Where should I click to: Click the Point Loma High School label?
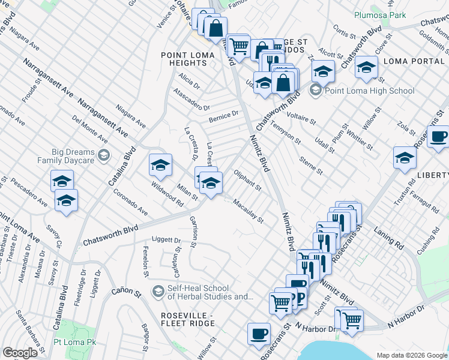click(369, 91)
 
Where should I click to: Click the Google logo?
click(20, 353)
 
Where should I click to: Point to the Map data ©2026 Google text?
click(411, 355)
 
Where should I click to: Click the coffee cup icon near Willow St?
click(259, 334)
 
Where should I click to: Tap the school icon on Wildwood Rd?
click(160, 164)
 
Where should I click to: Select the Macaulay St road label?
click(248, 211)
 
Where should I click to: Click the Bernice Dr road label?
click(223, 116)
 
